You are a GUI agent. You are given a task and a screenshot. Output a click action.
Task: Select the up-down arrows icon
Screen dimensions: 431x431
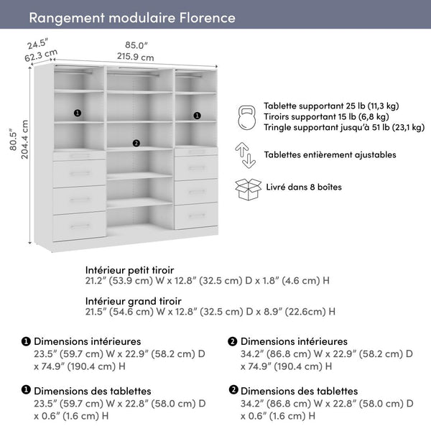(x=246, y=154)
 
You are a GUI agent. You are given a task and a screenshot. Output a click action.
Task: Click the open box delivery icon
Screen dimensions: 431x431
(x=247, y=188)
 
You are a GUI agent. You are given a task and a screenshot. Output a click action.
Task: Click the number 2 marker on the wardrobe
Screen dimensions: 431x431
(x=136, y=142)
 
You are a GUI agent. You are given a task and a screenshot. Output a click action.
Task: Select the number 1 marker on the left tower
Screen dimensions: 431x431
(x=78, y=113)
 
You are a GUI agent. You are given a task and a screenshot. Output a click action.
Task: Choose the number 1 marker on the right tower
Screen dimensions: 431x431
(x=196, y=114)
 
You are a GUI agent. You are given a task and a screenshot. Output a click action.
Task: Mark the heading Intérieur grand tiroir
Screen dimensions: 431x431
(x=133, y=300)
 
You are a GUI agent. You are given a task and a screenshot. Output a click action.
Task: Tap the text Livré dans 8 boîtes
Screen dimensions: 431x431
(x=302, y=187)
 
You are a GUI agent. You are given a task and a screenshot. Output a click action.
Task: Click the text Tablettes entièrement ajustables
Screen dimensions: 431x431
(x=330, y=154)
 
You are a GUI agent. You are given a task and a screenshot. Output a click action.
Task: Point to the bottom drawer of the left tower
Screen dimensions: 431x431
(x=79, y=226)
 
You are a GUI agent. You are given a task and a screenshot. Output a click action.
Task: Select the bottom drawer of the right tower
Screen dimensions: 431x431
(x=197, y=215)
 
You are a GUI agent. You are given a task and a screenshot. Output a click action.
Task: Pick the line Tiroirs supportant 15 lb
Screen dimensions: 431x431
(x=326, y=116)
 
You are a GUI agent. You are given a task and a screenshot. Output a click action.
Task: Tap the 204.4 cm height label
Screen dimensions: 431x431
(x=25, y=139)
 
